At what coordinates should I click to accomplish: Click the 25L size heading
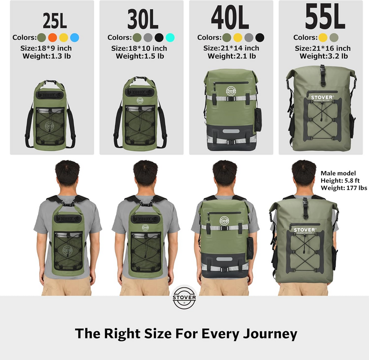click(54, 20)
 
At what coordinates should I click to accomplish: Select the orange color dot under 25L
click(52, 37)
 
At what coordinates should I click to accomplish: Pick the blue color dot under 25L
click(75, 37)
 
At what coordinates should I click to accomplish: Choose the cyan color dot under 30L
click(170, 37)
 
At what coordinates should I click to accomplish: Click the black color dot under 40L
click(260, 37)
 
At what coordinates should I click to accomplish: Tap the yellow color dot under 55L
click(323, 37)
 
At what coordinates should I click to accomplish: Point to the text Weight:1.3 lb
click(47, 56)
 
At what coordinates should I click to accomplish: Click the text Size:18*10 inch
click(140, 48)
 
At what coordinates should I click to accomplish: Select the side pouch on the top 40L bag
click(257, 121)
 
